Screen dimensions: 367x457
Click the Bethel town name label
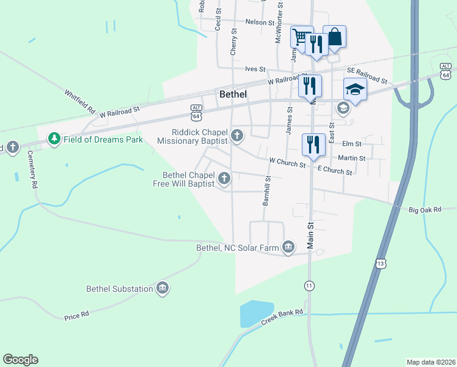[x=233, y=94]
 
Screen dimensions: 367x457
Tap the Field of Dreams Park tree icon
[x=55, y=139]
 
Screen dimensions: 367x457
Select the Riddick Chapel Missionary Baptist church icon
[x=237, y=135]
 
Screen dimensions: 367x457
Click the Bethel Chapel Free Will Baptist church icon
[x=224, y=179]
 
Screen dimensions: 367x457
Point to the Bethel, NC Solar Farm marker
[x=288, y=248]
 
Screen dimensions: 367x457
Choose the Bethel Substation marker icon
[x=162, y=288]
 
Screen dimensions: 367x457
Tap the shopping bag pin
[x=334, y=36]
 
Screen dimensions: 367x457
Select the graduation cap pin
[x=354, y=89]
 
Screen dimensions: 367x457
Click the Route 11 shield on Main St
[x=310, y=286]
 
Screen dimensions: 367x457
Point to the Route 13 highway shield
[x=381, y=264]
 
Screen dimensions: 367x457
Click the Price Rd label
[x=76, y=316]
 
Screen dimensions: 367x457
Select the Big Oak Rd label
[x=425, y=210]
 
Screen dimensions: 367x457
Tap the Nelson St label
[x=260, y=22]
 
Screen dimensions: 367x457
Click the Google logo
[x=21, y=360]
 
